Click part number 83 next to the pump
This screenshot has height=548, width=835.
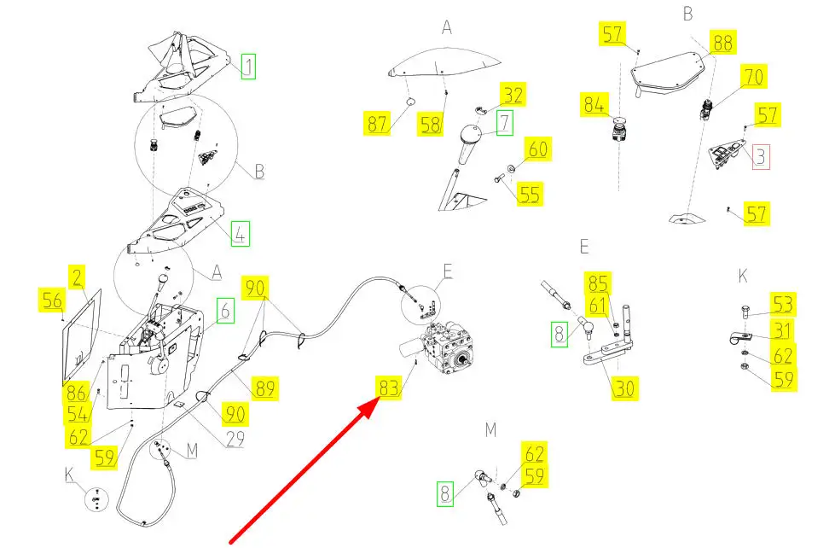tap(388, 388)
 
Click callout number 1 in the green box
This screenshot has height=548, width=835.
tap(247, 66)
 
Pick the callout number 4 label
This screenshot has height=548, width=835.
tap(241, 233)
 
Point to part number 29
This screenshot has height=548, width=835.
tap(235, 440)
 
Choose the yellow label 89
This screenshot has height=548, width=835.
tap(264, 390)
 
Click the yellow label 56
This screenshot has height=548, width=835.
tap(53, 300)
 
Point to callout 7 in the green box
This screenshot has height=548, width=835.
tap(505, 123)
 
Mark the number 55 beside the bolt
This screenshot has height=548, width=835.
tap(529, 194)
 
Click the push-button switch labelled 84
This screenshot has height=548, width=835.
tap(620, 128)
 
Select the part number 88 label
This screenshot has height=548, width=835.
tap(722, 43)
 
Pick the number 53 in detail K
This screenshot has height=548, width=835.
tap(783, 304)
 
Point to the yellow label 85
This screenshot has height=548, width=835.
tap(598, 283)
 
